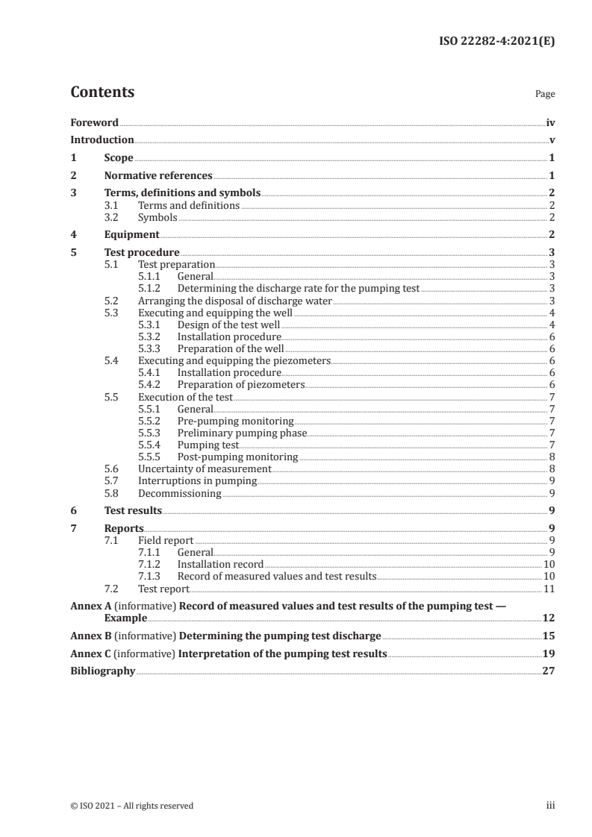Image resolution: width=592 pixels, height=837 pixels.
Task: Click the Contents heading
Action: pyautogui.click(x=102, y=93)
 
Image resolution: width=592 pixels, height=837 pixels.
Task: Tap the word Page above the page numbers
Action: pyautogui.click(x=545, y=95)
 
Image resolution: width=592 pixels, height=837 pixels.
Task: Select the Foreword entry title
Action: pyautogui.click(x=94, y=122)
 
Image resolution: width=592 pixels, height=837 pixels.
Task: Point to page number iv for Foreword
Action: pyautogui.click(x=550, y=122)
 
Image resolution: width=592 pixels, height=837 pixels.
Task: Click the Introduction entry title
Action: pyautogui.click(x=102, y=140)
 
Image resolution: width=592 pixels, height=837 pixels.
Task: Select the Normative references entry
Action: pyautogui.click(x=158, y=176)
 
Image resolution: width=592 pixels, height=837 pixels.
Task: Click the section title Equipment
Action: pyautogui.click(x=131, y=234)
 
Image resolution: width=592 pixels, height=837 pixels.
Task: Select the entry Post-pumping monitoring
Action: pyautogui.click(x=237, y=457)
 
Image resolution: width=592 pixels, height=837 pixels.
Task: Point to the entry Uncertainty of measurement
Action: pyautogui.click(x=205, y=468)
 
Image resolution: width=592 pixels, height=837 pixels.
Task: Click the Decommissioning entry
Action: pyautogui.click(x=179, y=493)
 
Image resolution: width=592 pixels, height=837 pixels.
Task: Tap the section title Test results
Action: pyautogui.click(x=133, y=511)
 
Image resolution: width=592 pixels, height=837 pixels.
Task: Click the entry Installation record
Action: pyautogui.click(x=220, y=565)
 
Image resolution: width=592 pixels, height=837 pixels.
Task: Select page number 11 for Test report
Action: pyautogui.click(x=549, y=589)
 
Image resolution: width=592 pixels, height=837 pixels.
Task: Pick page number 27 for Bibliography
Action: pyautogui.click(x=549, y=671)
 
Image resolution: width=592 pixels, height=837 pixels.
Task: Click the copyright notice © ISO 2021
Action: pyautogui.click(x=131, y=806)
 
